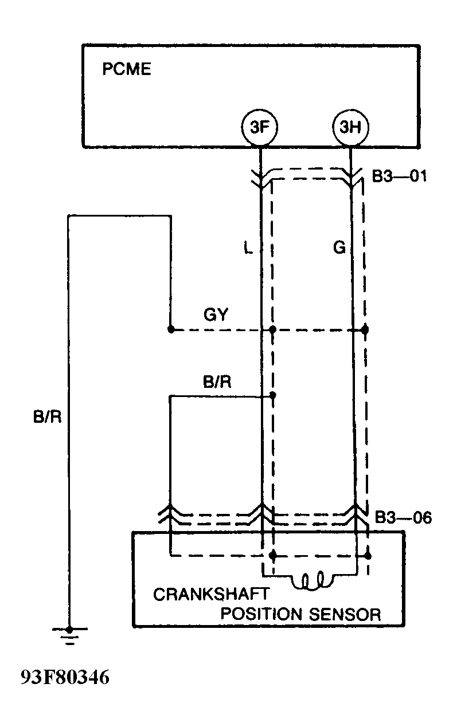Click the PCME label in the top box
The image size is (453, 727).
(x=126, y=70)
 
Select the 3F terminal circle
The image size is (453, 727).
(x=260, y=127)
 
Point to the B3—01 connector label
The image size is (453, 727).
(x=399, y=176)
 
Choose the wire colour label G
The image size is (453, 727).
(x=338, y=248)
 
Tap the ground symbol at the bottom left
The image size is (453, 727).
(x=69, y=634)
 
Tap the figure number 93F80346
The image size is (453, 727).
(x=65, y=678)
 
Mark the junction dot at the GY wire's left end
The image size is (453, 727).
(x=170, y=329)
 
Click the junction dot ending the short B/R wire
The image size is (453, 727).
(x=273, y=395)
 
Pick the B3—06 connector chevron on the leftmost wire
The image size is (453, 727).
(x=170, y=510)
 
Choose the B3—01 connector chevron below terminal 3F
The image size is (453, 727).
(x=261, y=180)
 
